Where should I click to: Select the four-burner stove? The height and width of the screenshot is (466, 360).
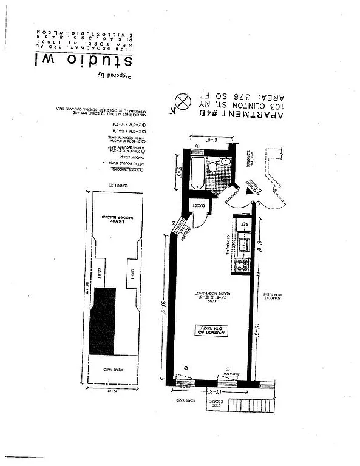click(242, 265)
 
